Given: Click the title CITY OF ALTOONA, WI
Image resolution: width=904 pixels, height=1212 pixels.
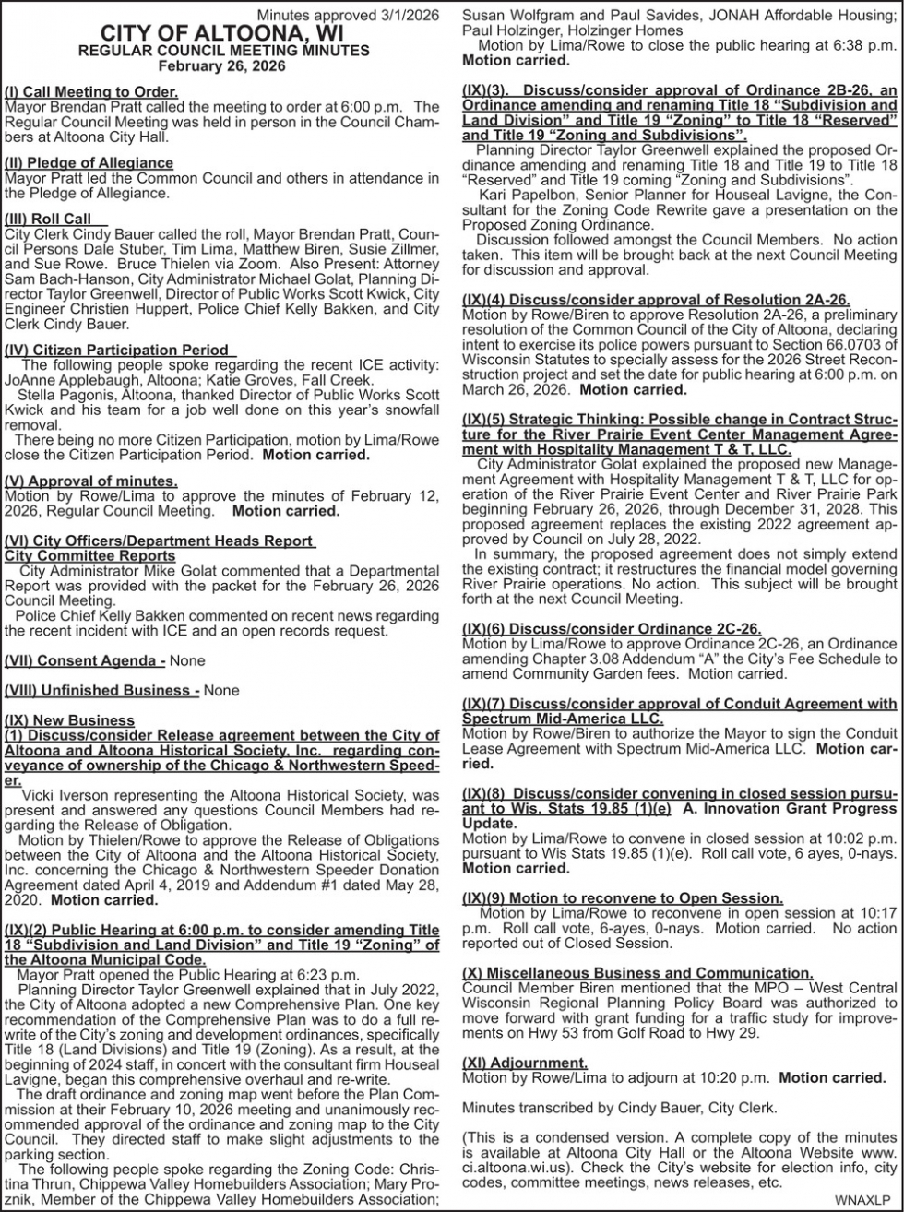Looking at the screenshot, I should click(x=222, y=34).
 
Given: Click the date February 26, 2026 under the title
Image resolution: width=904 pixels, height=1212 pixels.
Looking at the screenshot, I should click(x=222, y=66).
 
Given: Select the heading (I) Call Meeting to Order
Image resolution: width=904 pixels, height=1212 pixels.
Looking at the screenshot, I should click(x=91, y=92).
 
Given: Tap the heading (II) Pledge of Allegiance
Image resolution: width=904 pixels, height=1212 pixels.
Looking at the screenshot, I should click(x=89, y=163).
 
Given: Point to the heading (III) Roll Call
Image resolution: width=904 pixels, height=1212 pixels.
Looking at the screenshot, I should click(x=54, y=219).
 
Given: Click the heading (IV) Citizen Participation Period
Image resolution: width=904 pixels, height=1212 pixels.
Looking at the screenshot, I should click(x=117, y=350).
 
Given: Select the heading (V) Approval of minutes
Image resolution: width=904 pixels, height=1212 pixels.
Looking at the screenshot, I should click(x=90, y=481).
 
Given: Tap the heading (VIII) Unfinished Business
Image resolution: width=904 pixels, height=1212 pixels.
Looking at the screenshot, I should click(x=101, y=690).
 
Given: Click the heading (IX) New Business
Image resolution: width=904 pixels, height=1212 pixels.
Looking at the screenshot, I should click(x=69, y=719).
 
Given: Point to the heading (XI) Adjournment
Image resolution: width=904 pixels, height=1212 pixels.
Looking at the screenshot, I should click(x=524, y=1063).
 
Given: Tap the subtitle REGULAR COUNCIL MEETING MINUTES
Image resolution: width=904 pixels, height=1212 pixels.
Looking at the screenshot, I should click(x=222, y=51).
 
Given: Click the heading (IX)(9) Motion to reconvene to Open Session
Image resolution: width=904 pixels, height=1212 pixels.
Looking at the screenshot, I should click(x=623, y=897).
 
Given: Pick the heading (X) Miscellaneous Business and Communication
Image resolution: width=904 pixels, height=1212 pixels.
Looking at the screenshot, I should click(x=637, y=972).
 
